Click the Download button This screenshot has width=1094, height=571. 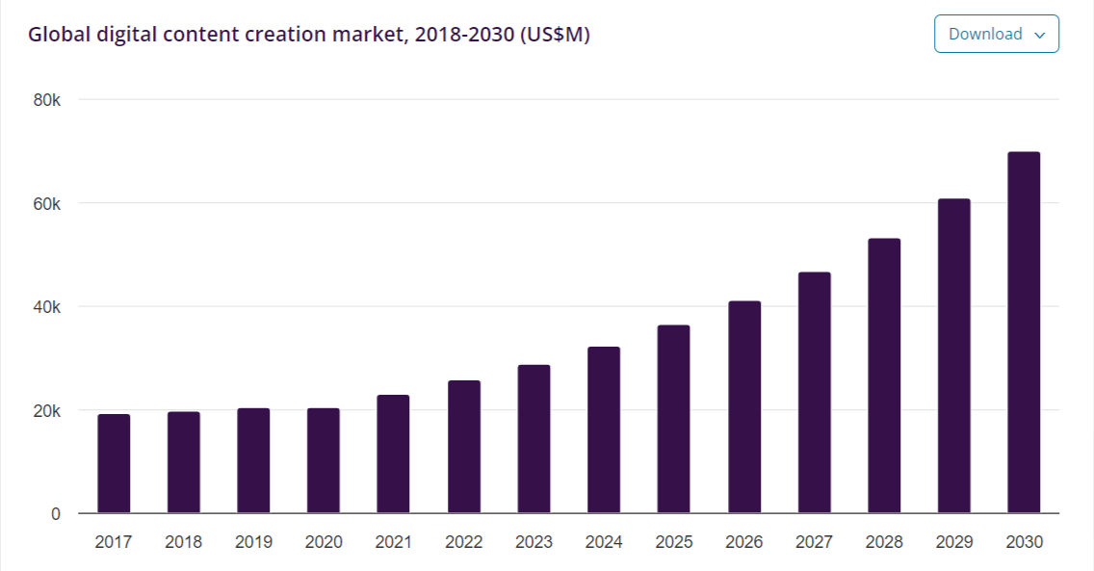[x=996, y=34]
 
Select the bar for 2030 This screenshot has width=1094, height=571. [x=1023, y=332]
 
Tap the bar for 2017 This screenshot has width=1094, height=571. [x=114, y=463]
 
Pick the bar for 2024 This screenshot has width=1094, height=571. [x=604, y=429]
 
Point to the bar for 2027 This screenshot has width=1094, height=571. [x=814, y=392]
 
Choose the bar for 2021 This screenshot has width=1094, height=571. [x=393, y=454]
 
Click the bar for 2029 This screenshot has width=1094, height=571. [x=953, y=355]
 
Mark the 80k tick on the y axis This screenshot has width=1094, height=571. [x=47, y=100]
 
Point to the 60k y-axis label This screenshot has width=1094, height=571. [x=47, y=204]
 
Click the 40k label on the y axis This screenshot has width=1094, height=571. [x=47, y=307]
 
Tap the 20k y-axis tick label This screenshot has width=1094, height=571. [x=47, y=411]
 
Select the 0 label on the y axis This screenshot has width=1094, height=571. [x=56, y=514]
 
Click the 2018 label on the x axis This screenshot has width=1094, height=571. [x=183, y=542]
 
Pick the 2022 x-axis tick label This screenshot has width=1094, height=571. [x=463, y=542]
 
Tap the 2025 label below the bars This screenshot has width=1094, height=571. [x=674, y=542]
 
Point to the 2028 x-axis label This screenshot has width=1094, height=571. [x=884, y=542]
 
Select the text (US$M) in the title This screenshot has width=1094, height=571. [x=555, y=35]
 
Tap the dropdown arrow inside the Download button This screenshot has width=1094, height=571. [x=1039, y=35]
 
